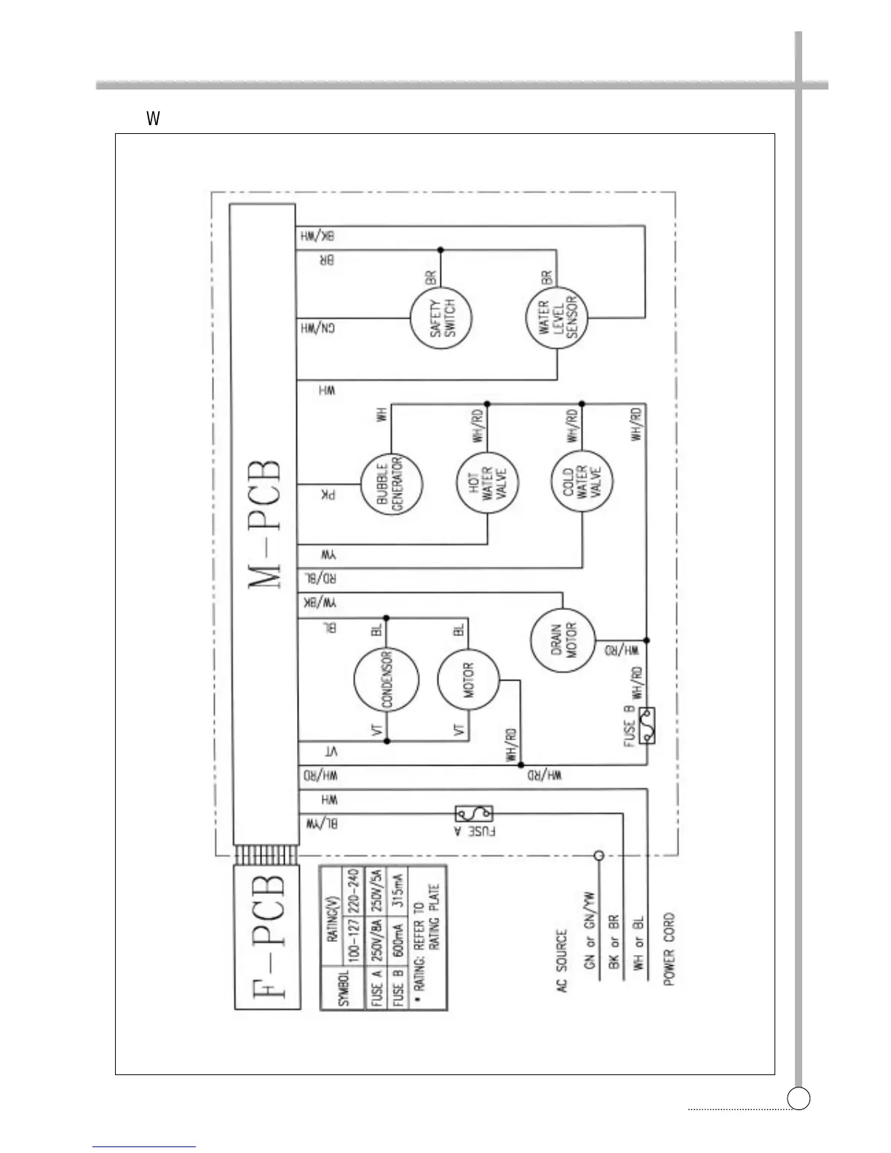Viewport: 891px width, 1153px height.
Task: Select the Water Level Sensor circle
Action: pyautogui.click(x=558, y=318)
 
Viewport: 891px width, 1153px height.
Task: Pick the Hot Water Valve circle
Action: pyautogui.click(x=487, y=483)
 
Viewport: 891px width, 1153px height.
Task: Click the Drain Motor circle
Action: pyautogui.click(x=563, y=641)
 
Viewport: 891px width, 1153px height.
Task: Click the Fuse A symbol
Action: pyautogui.click(x=474, y=813)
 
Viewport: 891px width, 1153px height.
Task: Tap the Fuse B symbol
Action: pyautogui.click(x=646, y=726)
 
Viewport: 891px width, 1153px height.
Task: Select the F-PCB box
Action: pyautogui.click(x=267, y=937)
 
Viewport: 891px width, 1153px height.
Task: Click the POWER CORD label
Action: pyautogui.click(x=669, y=950)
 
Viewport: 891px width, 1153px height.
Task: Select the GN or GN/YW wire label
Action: pyautogui.click(x=590, y=932)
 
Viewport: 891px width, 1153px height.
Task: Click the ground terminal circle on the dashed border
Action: pyautogui.click(x=598, y=856)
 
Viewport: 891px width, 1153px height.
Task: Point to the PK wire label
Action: pyautogui.click(x=328, y=496)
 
